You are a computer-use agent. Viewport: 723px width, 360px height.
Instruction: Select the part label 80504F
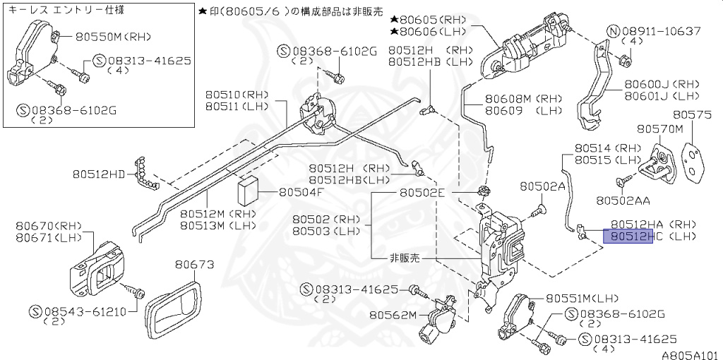(x=301, y=191)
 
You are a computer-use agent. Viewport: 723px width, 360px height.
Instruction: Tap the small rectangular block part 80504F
(x=248, y=190)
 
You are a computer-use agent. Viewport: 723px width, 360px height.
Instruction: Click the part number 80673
(x=194, y=265)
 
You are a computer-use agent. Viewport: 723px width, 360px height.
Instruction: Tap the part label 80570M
(x=660, y=129)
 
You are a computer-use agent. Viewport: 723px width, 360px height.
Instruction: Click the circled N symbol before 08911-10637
(x=613, y=31)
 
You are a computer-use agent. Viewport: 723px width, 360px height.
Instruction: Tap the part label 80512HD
(x=98, y=173)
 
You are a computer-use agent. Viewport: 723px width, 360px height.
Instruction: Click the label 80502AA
(x=623, y=200)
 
